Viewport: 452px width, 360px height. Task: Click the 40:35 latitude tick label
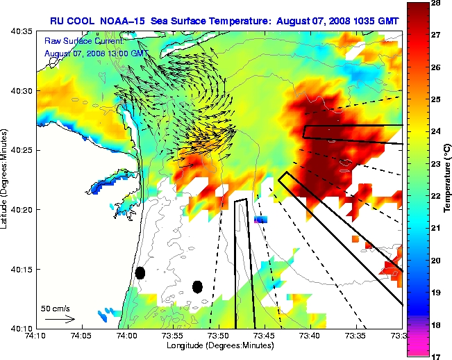20,31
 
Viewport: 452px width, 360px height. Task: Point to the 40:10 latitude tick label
20,328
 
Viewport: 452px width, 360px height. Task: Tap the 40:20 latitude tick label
20,209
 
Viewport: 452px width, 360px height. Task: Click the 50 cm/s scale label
56,308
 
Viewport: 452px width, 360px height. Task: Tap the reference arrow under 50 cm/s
60,319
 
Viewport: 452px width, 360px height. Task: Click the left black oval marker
140,272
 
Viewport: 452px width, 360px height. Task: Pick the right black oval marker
197,286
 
